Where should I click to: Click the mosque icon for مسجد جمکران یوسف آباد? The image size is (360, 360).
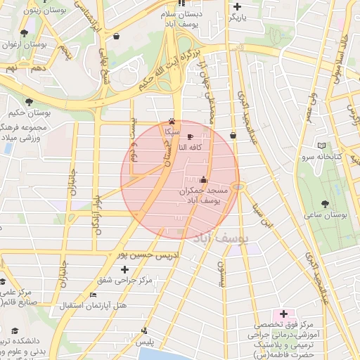[x=204, y=180]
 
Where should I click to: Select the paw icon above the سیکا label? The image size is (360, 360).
[x=172, y=121]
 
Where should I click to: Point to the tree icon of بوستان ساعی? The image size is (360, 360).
[x=324, y=203]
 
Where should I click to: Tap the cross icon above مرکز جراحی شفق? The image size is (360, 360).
[x=125, y=269]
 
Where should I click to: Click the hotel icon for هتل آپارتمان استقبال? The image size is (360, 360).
[x=94, y=295]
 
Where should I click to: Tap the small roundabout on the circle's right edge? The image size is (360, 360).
[x=240, y=186]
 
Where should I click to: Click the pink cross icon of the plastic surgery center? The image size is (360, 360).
[x=283, y=313]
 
